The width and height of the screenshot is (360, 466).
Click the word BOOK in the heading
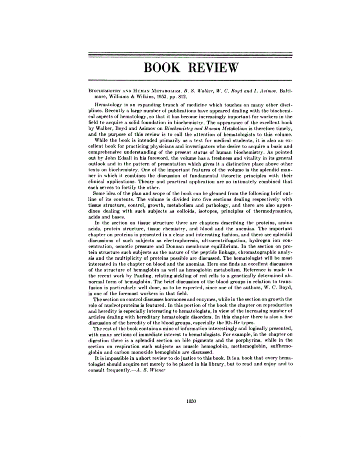[x=162, y=67]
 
